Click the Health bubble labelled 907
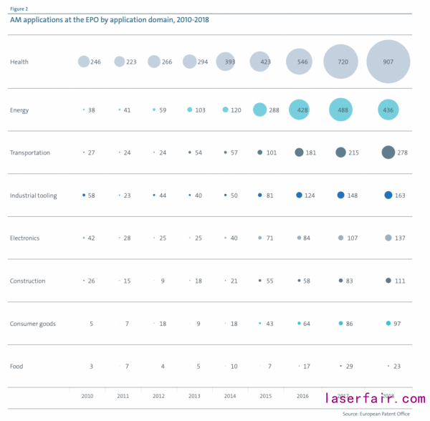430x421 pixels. tap(388, 62)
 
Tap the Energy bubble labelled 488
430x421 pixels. tap(341, 110)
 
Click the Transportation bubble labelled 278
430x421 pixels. tap(388, 152)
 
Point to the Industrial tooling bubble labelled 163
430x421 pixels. tap(388, 195)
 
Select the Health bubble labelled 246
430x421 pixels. tap(84, 62)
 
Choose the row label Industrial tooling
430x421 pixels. tap(34, 195)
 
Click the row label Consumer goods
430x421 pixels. tap(32, 324)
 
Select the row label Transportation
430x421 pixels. tap(30, 153)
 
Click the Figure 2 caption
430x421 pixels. tap(19, 9)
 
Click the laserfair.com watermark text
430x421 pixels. tap(375, 398)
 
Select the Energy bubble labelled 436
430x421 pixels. tap(388, 110)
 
